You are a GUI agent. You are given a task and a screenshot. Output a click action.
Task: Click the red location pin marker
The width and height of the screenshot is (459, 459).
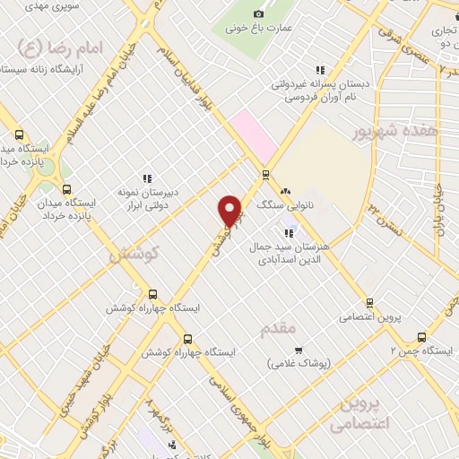(230, 211)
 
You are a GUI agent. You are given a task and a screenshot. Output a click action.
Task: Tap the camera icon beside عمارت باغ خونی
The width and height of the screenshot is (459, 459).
(259, 13)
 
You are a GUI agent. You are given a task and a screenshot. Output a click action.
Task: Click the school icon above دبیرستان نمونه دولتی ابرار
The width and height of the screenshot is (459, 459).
(147, 178)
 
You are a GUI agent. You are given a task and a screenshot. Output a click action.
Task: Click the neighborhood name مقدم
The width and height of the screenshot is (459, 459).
(277, 329)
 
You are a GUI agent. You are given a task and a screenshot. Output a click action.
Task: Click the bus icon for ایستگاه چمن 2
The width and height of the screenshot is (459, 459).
(421, 337)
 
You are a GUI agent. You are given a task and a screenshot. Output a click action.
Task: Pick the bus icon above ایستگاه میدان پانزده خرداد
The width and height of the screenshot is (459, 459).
(66, 189)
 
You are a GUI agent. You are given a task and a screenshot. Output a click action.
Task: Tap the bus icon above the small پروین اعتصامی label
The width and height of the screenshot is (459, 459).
(368, 303)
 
